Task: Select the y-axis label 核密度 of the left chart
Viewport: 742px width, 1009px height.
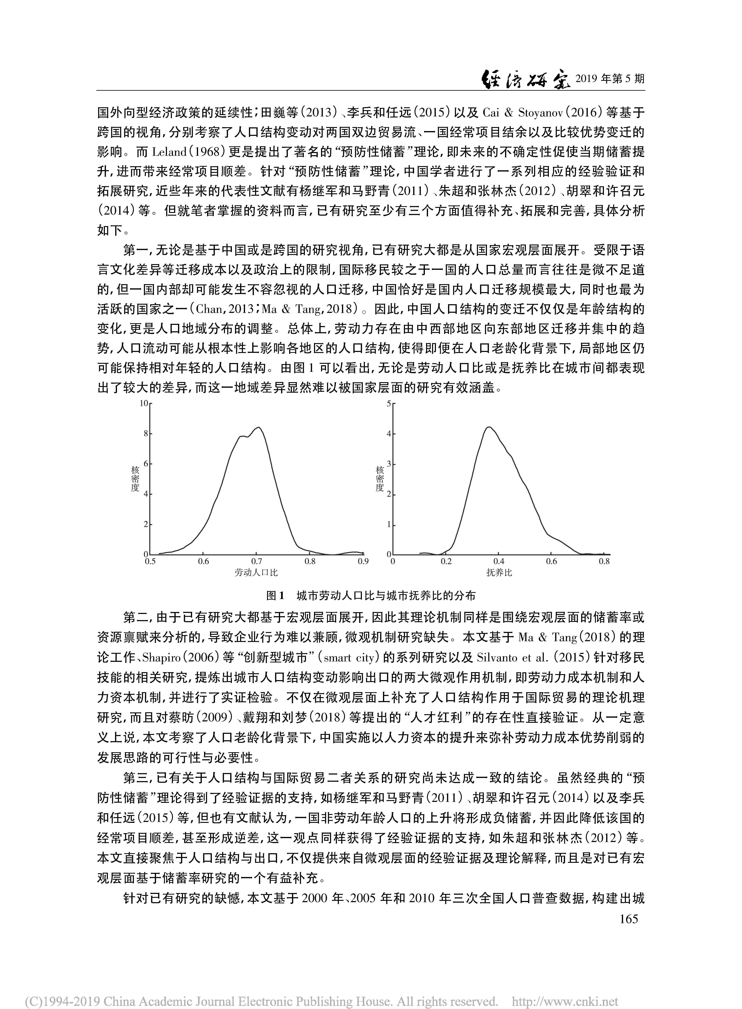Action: coord(135,478)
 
